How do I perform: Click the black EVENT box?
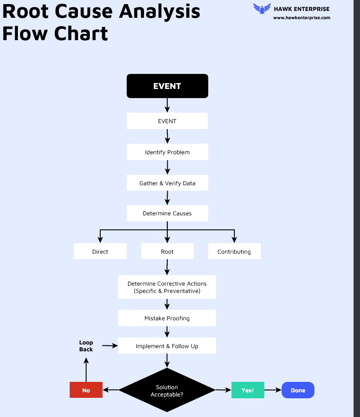tap(167, 86)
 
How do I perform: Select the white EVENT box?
tap(167, 121)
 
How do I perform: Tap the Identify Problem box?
tap(167, 152)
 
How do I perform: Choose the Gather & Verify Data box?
tap(167, 183)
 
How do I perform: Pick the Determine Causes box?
tap(167, 213)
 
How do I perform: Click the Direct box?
tap(100, 251)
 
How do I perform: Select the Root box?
tap(167, 251)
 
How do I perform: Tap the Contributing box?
tap(234, 251)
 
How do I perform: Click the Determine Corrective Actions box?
tap(167, 287)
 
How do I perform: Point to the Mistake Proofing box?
tap(167, 318)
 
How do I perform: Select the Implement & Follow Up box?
tap(167, 346)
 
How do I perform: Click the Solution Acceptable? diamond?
tap(167, 391)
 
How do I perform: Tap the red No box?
tap(86, 390)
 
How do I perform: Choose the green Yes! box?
tap(247, 390)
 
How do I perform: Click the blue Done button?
tap(298, 390)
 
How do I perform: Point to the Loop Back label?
tap(86, 346)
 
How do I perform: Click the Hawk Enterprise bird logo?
tap(262, 9)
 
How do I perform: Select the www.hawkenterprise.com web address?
tap(302, 18)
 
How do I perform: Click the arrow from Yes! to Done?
tap(273, 390)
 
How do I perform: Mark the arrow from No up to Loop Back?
tap(86, 370)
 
